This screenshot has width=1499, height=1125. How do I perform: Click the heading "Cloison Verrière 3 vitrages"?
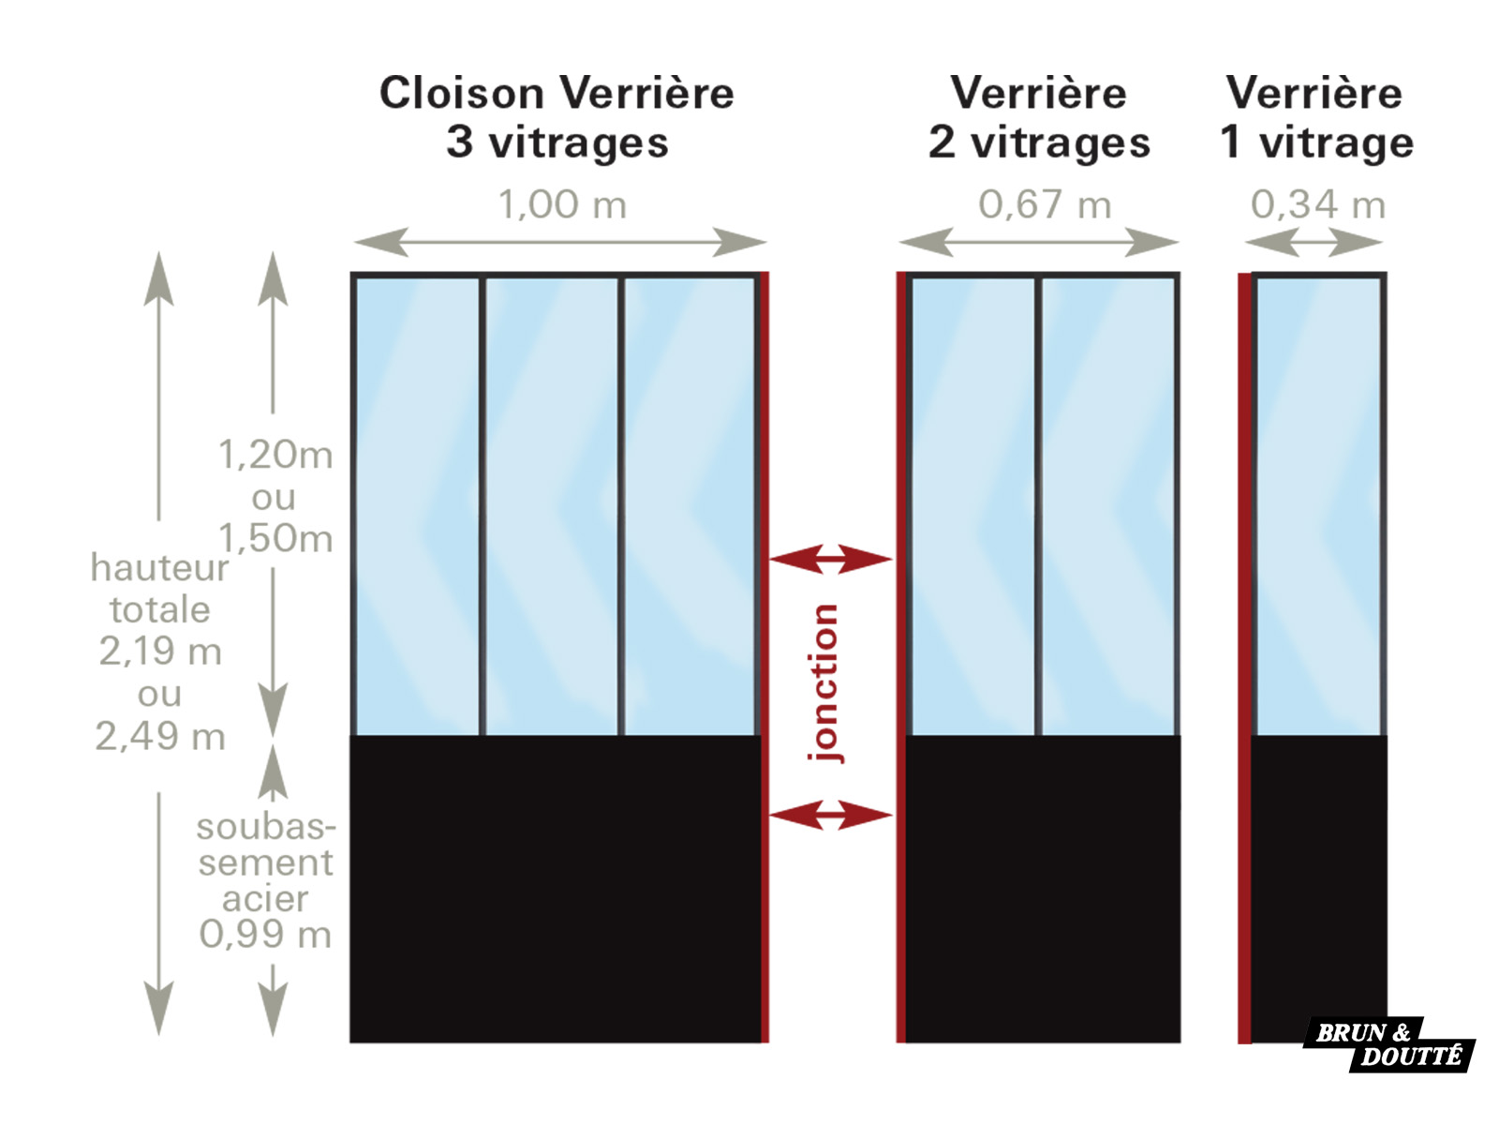tap(557, 117)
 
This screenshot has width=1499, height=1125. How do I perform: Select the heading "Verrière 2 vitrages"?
tap(1039, 117)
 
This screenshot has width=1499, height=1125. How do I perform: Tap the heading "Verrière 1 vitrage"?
tap(1316, 117)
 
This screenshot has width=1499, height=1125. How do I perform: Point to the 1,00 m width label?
tap(562, 204)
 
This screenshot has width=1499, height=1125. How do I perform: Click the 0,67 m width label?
tap(1045, 204)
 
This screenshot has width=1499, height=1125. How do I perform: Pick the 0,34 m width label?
tap(1318, 204)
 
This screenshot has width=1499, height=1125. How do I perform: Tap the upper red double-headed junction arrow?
tap(830, 559)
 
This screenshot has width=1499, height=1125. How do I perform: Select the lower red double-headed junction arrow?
tap(830, 815)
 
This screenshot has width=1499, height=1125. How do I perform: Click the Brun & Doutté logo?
tap(1389, 1043)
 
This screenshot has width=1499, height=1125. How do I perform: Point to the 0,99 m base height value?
tap(265, 934)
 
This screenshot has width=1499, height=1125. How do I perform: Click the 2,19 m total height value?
tap(160, 651)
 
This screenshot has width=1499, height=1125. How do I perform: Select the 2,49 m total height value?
tap(160, 736)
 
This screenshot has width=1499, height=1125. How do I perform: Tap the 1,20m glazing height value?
tap(275, 455)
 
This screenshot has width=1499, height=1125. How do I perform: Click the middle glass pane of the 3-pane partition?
tap(552, 506)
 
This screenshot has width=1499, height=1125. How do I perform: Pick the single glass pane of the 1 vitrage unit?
tap(1319, 506)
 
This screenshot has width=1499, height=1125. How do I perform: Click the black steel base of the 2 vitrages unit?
tap(1043, 889)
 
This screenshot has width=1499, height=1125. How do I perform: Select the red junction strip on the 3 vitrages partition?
tap(764, 657)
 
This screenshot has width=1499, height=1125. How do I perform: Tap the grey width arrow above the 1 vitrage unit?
tap(1313, 242)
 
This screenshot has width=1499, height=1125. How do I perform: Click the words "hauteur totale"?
tap(160, 588)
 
